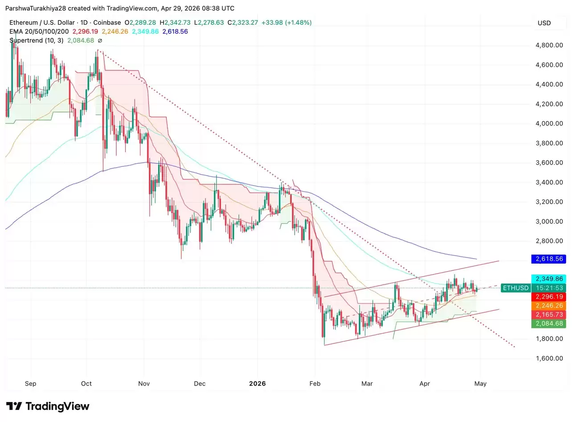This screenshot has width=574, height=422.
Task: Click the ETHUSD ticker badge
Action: (516, 288)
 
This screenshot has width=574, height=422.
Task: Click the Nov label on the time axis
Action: (144, 383)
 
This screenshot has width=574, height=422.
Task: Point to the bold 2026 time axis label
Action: (258, 383)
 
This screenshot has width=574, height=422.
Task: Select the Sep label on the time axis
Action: (31, 383)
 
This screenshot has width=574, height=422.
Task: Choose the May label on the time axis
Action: (480, 383)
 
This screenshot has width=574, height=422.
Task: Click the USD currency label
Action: (544, 23)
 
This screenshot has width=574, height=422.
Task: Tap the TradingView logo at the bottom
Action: (48, 406)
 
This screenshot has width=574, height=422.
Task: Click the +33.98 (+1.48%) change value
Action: (286, 23)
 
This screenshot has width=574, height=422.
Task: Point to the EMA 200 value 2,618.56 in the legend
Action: (175, 32)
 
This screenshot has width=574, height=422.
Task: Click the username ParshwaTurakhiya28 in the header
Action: (36, 8)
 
